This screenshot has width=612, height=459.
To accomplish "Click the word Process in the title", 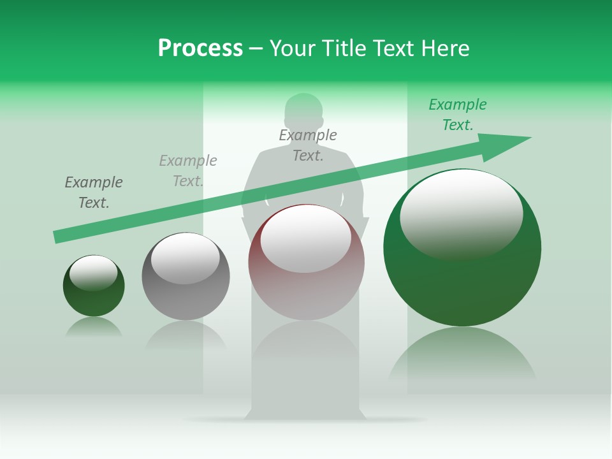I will click(200, 48).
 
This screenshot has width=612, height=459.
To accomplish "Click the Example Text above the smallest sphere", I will click(94, 193).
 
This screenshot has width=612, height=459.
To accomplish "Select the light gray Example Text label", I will click(188, 171).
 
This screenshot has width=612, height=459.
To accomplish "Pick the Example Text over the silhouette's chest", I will click(308, 145).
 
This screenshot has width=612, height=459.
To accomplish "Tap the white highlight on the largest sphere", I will click(461, 214).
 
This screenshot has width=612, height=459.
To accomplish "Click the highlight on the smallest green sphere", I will click(94, 272).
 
